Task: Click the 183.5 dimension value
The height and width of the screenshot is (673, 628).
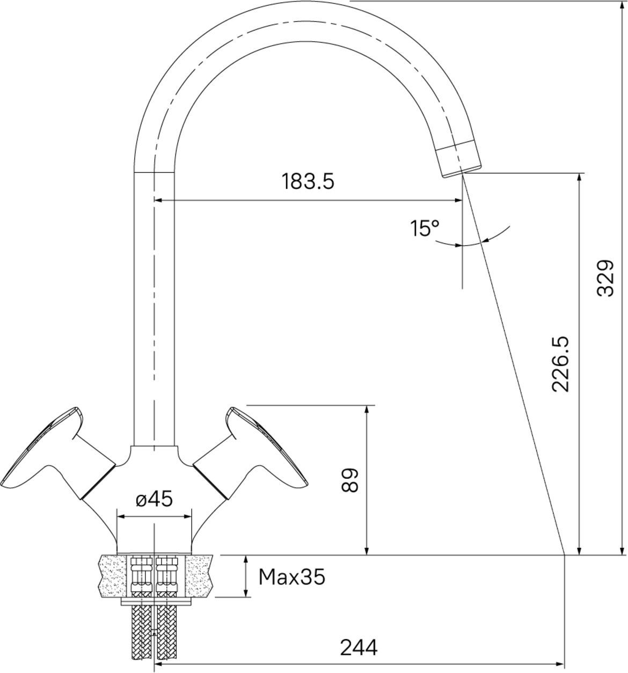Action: point(308,181)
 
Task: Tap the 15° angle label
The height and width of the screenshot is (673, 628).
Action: point(425,228)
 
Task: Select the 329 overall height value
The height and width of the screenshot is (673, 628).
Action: point(605,279)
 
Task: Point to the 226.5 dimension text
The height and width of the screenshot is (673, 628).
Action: point(560,364)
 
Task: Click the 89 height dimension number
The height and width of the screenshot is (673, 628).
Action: point(349,480)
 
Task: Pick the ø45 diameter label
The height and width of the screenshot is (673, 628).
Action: point(154,499)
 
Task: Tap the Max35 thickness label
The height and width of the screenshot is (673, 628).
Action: point(291,576)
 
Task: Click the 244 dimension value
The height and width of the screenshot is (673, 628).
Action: point(359,648)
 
